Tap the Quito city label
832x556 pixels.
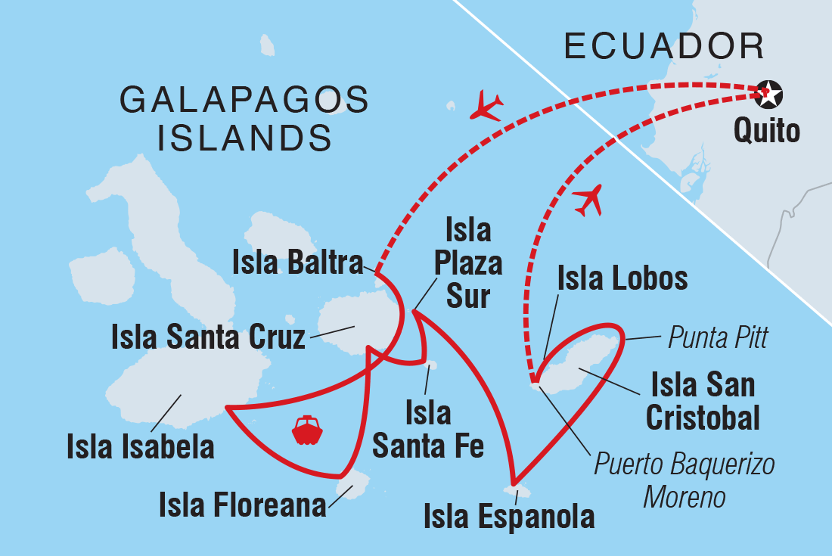(x=767, y=132)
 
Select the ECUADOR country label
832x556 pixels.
(x=665, y=47)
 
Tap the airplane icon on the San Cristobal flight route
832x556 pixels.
(x=589, y=200)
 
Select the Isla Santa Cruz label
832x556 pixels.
(x=208, y=337)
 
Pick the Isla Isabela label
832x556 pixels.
(x=140, y=446)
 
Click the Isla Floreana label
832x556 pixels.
(x=242, y=505)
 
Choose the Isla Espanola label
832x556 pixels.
(x=508, y=517)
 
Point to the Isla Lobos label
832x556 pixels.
(x=622, y=278)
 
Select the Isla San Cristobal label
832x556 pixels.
(x=703, y=401)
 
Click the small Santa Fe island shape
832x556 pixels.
(x=431, y=365)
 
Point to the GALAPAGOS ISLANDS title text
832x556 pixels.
(x=244, y=119)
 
